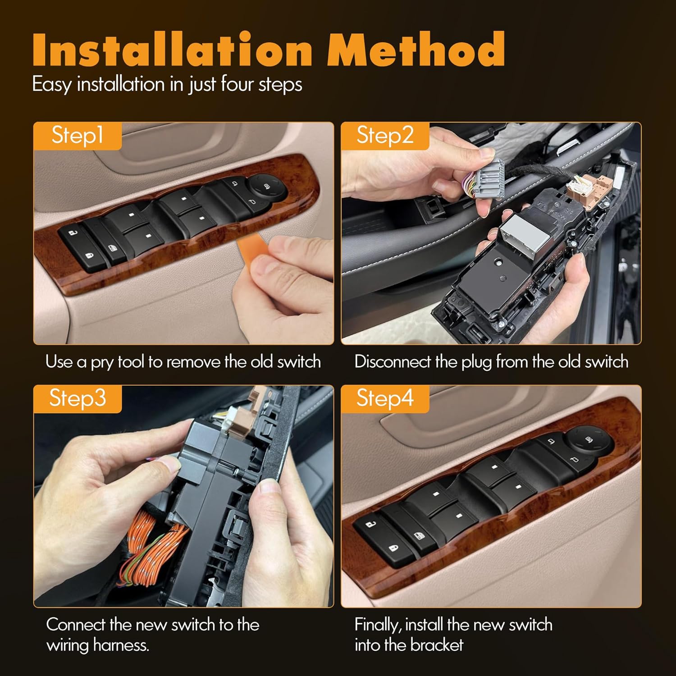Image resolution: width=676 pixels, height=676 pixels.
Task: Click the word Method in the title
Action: pos(416,50)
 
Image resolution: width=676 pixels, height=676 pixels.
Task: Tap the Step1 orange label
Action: pos(77,135)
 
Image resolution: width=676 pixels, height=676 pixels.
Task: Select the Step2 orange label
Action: pos(384,135)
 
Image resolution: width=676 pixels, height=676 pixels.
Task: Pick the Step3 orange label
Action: pos(77,398)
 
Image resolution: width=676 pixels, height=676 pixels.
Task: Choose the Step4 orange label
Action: pos(384,398)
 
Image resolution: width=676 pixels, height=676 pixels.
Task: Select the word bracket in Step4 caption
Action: pos(437,645)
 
